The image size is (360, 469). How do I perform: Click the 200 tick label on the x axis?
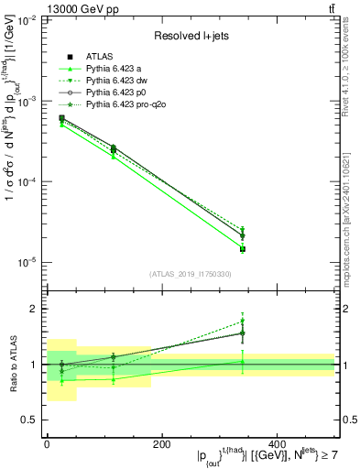coord(162,444)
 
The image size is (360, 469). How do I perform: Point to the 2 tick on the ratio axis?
coord(35,309)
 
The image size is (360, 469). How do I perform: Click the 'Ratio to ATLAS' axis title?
coord(12,365)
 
